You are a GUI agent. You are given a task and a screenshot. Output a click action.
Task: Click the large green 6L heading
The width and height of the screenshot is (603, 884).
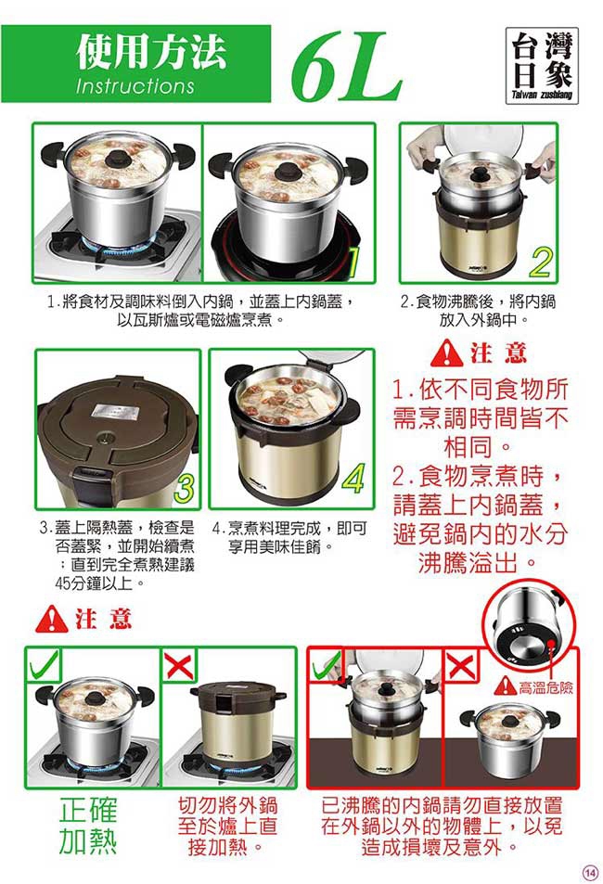click(346, 67)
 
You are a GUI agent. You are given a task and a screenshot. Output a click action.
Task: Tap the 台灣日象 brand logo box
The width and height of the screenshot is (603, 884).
click(542, 66)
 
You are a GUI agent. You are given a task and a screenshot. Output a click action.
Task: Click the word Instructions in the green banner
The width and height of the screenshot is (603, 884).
click(135, 85)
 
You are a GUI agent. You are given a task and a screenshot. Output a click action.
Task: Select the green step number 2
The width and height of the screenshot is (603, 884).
click(541, 262)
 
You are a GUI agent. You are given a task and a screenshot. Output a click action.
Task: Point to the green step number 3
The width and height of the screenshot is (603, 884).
click(185, 488)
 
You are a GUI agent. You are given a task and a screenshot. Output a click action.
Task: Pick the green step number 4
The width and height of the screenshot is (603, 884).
click(353, 479)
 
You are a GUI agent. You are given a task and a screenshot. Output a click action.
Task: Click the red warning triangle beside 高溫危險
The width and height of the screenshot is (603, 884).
click(506, 686)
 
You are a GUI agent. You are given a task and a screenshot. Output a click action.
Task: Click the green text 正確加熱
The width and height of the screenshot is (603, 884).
click(88, 826)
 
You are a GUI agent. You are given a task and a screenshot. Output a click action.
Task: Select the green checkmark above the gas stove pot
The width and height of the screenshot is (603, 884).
click(44, 665)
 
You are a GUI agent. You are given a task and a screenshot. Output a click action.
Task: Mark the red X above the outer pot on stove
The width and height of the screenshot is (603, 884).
click(179, 665)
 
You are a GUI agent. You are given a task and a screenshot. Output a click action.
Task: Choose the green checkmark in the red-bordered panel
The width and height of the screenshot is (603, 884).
click(327, 665)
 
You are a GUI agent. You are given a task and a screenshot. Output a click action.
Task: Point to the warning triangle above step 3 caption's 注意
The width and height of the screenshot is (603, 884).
click(51, 619)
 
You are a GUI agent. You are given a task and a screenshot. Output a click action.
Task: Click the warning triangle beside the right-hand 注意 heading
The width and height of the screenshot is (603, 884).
click(447, 352)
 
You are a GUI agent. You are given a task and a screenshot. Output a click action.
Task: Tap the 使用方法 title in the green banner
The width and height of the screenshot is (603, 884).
click(151, 52)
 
